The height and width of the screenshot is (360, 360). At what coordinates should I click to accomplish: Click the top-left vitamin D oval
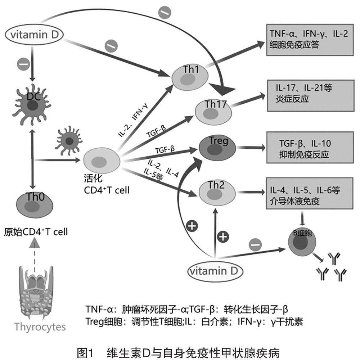[x=34, y=35]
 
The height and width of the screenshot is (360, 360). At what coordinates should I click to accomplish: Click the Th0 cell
[x=35, y=203]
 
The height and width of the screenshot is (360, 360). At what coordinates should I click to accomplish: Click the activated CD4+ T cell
[x=102, y=159]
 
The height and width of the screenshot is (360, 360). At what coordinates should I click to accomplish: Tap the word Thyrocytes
[x=40, y=327]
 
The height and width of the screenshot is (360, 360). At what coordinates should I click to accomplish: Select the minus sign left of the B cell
[x=253, y=244]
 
